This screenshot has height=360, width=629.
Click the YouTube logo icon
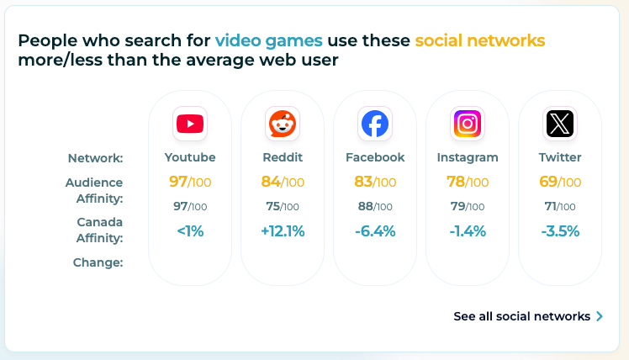point(190,124)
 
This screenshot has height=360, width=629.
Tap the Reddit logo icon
point(283,124)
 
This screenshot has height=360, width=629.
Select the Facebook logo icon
point(375,124)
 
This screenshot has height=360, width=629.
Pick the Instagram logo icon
point(468,124)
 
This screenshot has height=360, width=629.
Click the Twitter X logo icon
point(560,124)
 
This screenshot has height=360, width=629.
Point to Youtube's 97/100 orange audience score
point(190,182)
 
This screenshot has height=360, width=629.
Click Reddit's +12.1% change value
point(283,231)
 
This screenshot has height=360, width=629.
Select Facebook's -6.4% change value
point(375,231)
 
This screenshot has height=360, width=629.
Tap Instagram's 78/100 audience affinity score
point(468,182)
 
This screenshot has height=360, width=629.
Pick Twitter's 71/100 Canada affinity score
point(560,206)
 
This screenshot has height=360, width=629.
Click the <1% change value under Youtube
point(190,231)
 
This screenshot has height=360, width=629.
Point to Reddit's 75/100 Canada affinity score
point(283,206)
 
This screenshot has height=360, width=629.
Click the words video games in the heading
point(268,40)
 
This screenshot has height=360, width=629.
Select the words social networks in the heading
point(479,40)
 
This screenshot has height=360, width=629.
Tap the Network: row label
point(95,158)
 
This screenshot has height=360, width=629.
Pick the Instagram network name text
point(468,157)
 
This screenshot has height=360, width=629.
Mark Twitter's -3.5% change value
point(560,231)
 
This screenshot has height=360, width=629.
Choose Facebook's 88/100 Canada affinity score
point(375,206)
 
